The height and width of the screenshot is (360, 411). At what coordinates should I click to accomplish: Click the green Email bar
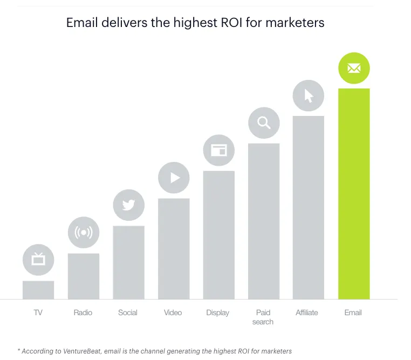click(354, 194)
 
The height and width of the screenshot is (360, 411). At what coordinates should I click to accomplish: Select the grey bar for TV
click(38, 290)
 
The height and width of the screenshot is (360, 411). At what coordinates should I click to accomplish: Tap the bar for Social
click(129, 262)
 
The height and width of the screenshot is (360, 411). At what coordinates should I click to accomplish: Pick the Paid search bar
click(264, 221)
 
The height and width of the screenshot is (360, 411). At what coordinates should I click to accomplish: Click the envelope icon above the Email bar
click(354, 68)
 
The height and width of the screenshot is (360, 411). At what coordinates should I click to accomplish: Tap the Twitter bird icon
click(129, 205)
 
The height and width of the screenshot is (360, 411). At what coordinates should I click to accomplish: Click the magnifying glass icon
click(264, 123)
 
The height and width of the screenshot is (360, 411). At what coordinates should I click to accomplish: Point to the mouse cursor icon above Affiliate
click(309, 96)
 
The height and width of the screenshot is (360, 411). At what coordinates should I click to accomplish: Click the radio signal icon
click(84, 232)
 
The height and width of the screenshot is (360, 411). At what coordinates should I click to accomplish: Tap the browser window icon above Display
click(219, 150)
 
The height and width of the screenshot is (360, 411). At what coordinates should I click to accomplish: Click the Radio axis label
click(83, 313)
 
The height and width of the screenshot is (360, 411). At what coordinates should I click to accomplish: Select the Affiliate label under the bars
click(307, 313)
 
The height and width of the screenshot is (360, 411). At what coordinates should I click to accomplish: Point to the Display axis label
click(217, 313)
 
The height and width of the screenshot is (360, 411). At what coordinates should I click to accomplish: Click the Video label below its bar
click(173, 313)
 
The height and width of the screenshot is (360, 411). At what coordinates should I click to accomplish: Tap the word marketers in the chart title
click(295, 23)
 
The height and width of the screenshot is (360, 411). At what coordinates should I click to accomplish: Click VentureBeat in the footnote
click(82, 351)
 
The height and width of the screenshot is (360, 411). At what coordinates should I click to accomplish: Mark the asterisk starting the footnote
click(19, 350)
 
